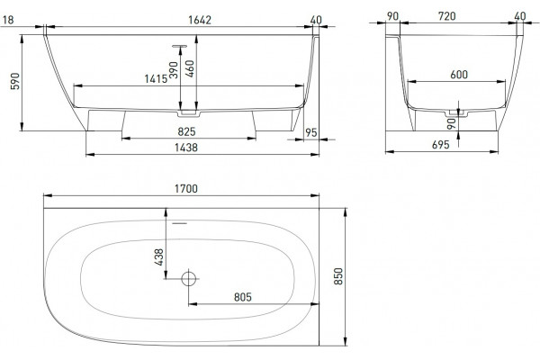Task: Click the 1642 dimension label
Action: tap(200, 20)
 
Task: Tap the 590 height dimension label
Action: tap(15, 81)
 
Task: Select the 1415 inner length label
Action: tap(156, 79)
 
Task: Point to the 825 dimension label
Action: tap(186, 131)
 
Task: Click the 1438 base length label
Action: tap(186, 148)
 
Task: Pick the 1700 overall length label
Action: tap(186, 189)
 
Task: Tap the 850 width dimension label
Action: tap(339, 276)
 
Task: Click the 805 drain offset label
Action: tap(243, 297)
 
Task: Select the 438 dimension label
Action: tap(158, 257)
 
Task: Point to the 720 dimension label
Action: tap(447, 16)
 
